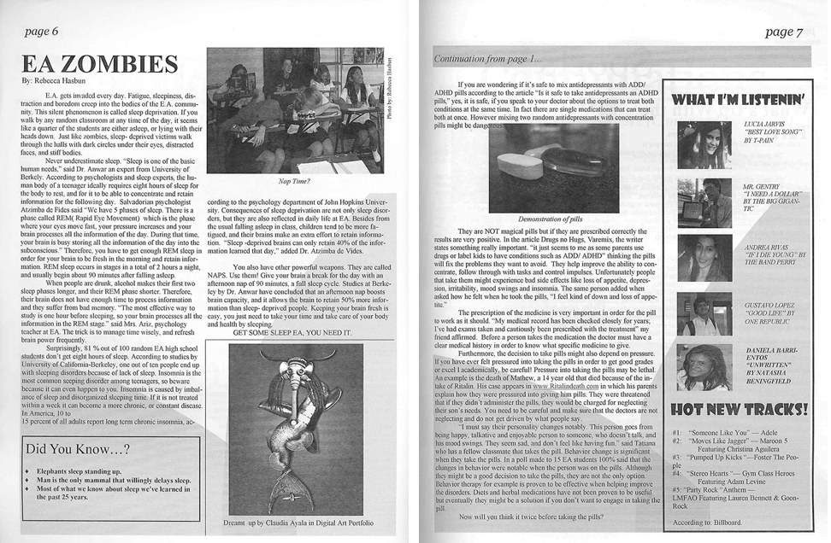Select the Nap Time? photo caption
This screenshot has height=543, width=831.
coord(293,180)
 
